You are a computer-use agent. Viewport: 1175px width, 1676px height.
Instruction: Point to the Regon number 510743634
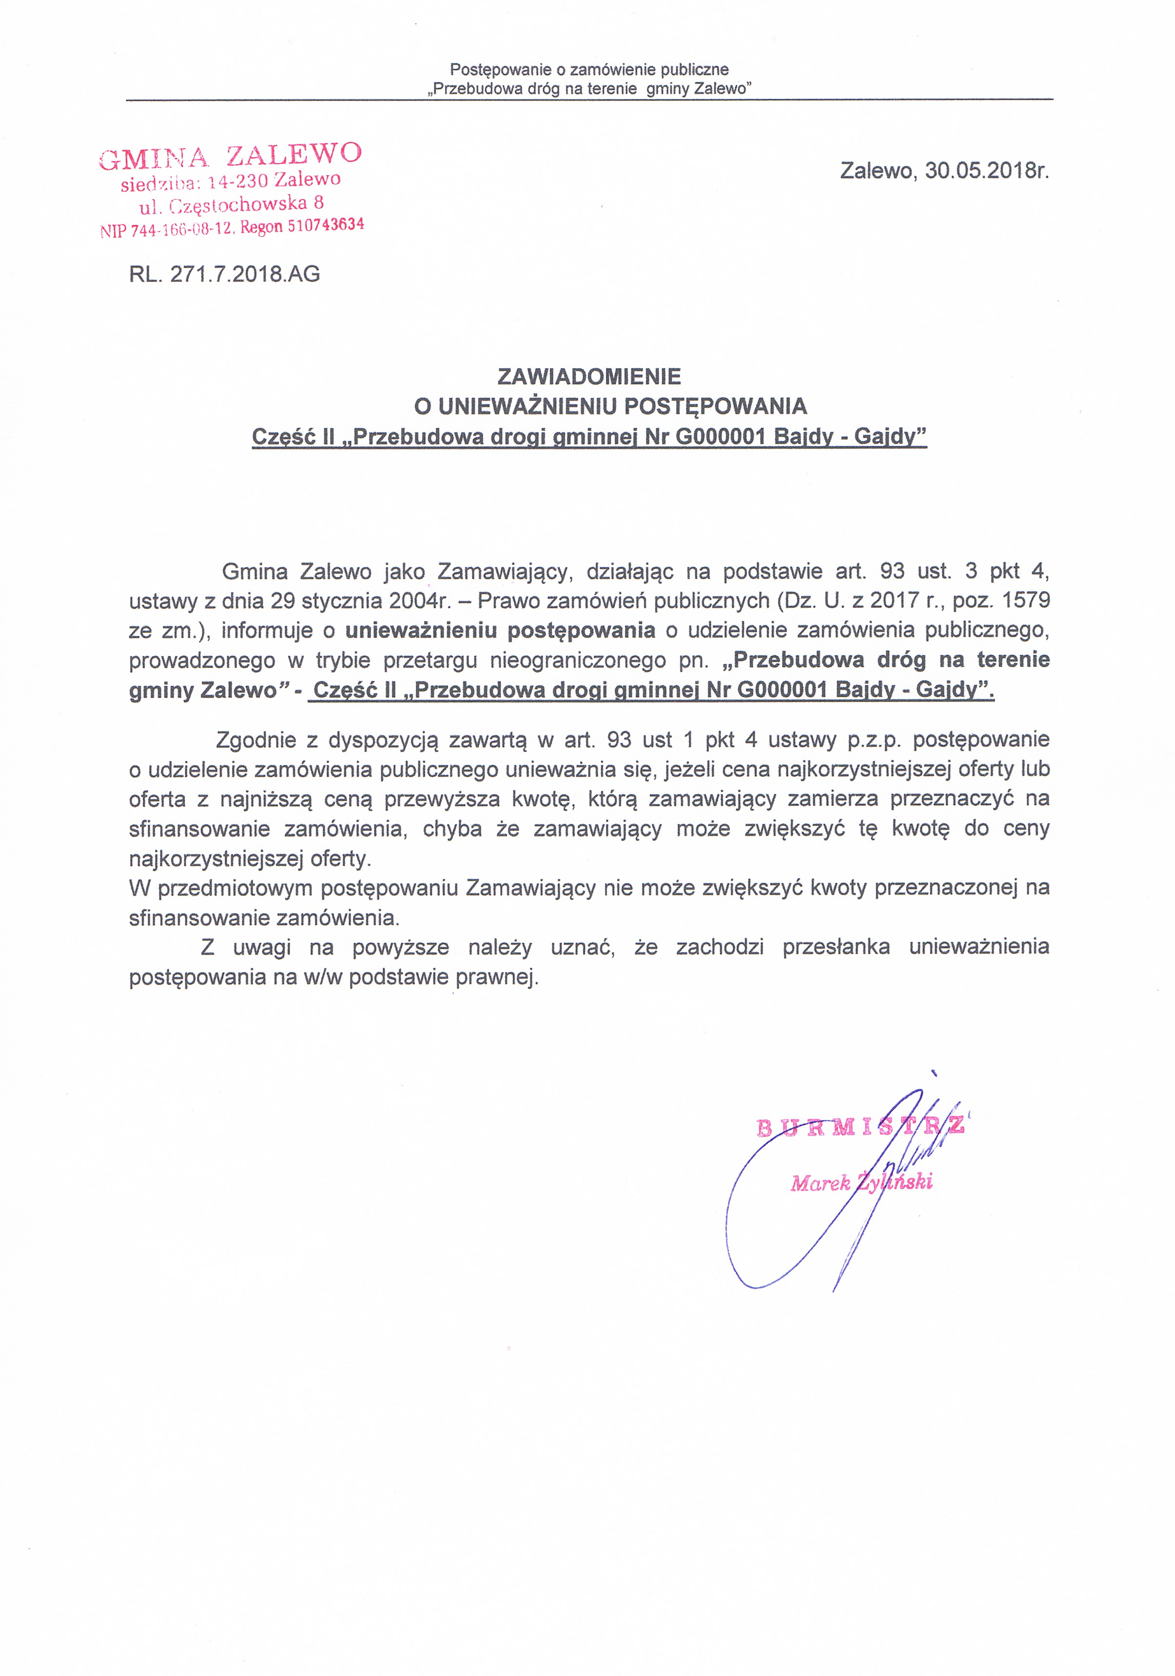(x=326, y=225)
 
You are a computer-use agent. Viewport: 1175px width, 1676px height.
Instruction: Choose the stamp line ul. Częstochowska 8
(x=232, y=204)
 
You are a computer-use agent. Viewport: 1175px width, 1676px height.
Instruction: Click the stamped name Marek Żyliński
(x=861, y=1182)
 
